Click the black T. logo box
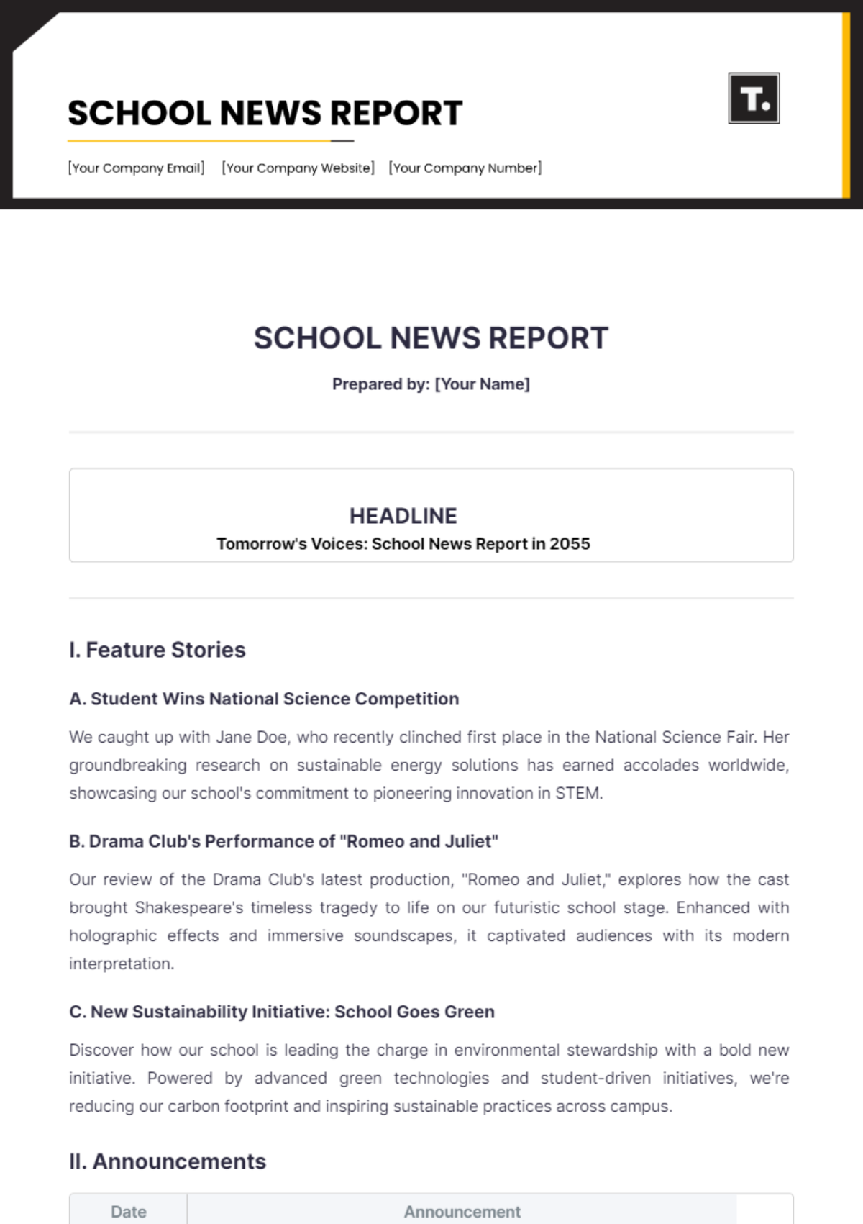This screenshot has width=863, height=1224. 753,99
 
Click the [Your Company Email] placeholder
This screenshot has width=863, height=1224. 136,168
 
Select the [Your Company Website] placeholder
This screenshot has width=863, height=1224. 298,168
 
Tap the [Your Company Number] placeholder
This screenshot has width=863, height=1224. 465,168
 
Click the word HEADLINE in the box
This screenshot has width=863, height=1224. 403,516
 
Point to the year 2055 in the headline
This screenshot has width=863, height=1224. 570,544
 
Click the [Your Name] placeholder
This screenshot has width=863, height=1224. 482,384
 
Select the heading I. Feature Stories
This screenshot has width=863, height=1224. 157,650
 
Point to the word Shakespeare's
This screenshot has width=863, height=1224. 189,908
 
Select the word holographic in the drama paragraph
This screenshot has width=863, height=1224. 112,936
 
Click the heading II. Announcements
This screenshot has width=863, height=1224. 167,1161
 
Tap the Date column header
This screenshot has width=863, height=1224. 128,1212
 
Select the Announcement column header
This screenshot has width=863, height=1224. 462,1212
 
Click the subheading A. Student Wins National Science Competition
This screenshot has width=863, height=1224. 263,699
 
